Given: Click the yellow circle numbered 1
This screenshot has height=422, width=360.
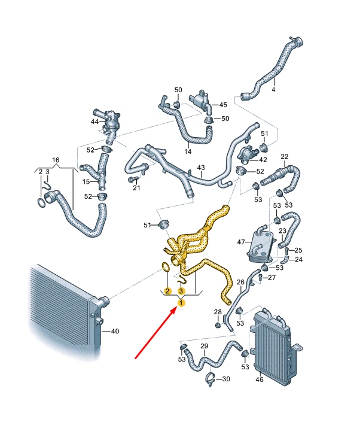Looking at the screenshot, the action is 181,303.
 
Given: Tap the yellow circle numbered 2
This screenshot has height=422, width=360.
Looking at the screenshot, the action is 167,291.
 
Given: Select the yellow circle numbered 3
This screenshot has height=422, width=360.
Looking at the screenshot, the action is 181,291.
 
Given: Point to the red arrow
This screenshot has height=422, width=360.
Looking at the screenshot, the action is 155,333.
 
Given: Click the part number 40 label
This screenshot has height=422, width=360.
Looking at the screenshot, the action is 115,331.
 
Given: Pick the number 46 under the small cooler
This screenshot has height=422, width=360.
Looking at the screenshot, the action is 260,380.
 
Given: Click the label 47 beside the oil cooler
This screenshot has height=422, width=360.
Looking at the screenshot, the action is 241,242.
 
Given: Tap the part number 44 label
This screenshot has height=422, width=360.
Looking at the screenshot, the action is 94,122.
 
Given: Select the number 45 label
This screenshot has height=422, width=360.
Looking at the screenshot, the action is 223,105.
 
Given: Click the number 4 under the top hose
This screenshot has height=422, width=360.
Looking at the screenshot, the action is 273,90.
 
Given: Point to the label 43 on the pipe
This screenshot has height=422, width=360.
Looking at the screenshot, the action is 201,168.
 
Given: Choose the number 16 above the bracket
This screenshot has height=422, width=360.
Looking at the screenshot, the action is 56,160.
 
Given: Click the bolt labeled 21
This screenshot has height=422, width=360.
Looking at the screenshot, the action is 133,179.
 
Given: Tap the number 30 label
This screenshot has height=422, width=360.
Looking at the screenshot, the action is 226,379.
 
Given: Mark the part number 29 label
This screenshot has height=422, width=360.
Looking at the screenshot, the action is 205,346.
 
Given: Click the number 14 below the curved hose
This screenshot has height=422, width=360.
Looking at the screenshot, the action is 188,151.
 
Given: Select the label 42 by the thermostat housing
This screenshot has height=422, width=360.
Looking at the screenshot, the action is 263,160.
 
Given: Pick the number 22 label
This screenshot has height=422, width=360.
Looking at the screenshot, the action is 285,156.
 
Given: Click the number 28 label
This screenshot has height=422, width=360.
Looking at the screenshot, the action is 218,312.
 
